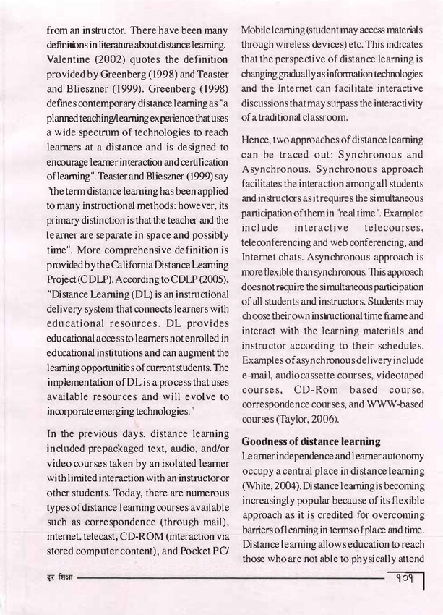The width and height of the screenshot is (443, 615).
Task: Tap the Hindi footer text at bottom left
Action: click(38, 580)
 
